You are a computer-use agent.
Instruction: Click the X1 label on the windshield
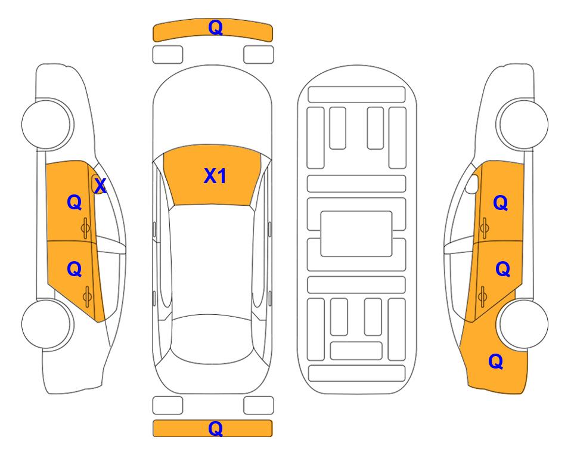pyautogui.click(x=215, y=176)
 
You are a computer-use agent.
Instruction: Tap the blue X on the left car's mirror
pyautogui.click(x=100, y=186)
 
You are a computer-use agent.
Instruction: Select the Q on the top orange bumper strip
pyautogui.click(x=215, y=27)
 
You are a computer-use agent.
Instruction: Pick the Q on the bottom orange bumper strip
pyautogui.click(x=215, y=428)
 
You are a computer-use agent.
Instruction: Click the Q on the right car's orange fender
pyautogui.click(x=495, y=361)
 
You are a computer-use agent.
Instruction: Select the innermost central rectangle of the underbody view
pyautogui.click(x=356, y=233)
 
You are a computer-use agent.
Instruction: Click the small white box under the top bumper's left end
pyautogui.click(x=167, y=54)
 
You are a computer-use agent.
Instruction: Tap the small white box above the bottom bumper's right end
pyautogui.click(x=259, y=406)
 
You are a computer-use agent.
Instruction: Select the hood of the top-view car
pyautogui.click(x=213, y=113)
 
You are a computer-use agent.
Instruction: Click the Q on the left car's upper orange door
pyautogui.click(x=74, y=203)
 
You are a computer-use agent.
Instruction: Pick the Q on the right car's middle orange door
pyautogui.click(x=502, y=270)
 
